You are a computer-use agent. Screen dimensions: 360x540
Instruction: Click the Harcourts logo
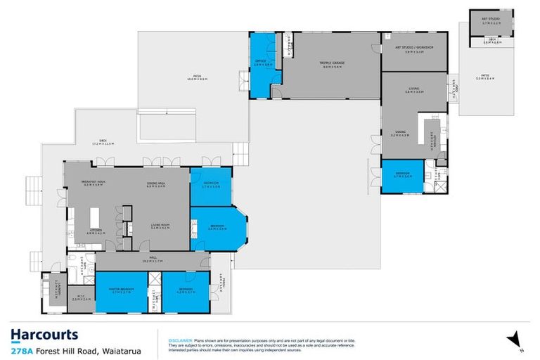44,334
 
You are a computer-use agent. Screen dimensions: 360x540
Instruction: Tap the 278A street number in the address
22,349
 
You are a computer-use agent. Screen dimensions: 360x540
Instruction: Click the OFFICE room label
259,63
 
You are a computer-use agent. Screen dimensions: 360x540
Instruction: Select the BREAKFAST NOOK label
94,184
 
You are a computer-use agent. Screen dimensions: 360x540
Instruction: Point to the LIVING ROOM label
162,226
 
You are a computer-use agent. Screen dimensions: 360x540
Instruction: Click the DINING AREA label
156,184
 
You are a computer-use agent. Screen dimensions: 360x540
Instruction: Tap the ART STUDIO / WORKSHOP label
413,51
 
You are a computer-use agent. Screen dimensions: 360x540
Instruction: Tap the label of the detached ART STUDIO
490,21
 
